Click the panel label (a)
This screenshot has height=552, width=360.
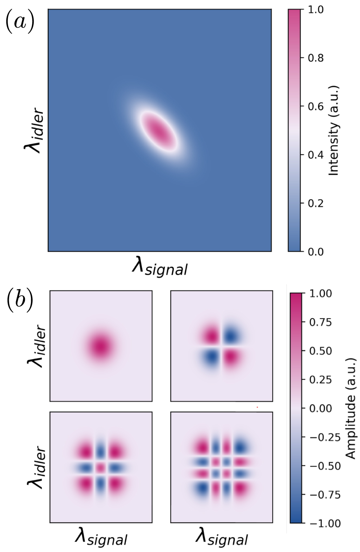[20, 21]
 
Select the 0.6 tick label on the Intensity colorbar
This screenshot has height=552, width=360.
[315, 107]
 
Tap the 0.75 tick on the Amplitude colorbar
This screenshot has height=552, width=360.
[320, 322]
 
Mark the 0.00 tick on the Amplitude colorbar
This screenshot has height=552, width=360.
[320, 408]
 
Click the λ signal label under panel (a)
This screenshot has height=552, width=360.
[159, 267]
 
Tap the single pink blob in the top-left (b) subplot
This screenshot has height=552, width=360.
[101, 346]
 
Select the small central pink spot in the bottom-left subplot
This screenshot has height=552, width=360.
[101, 467]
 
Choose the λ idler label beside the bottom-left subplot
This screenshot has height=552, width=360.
[37, 467]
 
